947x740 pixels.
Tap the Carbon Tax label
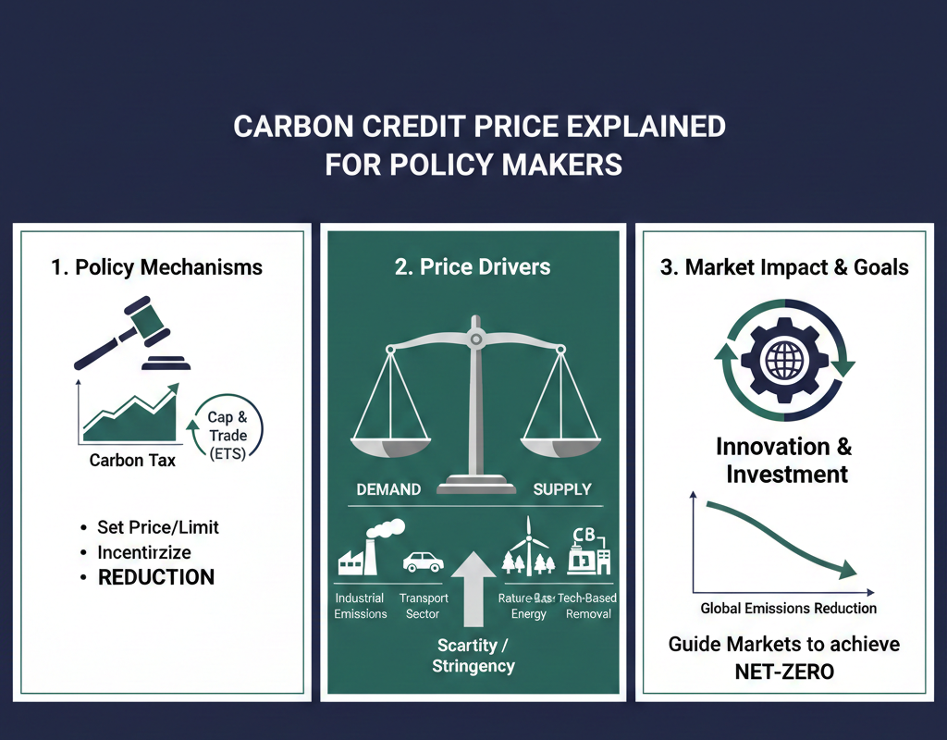(132, 460)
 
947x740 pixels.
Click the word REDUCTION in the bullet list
(156, 577)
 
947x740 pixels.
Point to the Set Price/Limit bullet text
(158, 527)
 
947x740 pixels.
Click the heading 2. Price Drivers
(473, 267)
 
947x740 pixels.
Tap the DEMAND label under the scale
(389, 488)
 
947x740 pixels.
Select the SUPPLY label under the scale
(562, 488)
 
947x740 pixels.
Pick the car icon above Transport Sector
(424, 561)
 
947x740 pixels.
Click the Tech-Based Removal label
(587, 606)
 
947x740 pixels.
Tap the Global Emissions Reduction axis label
(788, 608)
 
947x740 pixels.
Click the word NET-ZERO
(784, 672)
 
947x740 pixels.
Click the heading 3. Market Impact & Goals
(784, 267)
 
